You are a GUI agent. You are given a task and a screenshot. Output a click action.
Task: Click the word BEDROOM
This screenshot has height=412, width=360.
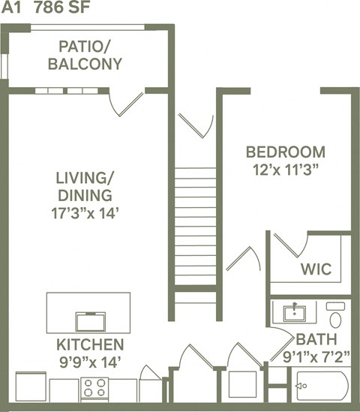(x=286, y=152)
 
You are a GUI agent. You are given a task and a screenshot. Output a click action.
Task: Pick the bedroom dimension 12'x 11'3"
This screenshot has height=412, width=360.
(x=286, y=170)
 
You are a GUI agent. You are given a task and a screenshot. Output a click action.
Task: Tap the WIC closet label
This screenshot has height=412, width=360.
(x=316, y=269)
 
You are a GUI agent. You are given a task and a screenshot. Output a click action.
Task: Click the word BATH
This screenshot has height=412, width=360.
(x=310, y=338)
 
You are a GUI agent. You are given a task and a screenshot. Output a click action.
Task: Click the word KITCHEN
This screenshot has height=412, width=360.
(x=90, y=345)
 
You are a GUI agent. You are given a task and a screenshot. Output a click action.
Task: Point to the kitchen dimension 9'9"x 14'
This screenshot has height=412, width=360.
(x=90, y=362)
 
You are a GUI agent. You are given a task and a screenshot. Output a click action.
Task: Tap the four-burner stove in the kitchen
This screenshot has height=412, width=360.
(x=94, y=388)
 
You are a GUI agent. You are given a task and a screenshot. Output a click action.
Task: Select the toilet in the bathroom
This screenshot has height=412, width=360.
(x=335, y=315)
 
